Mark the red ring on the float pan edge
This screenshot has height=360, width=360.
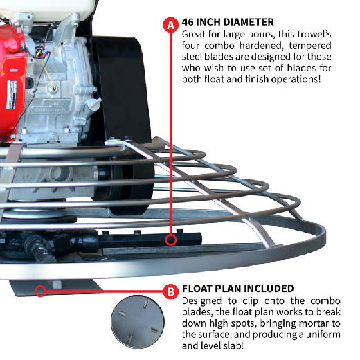[42, 291]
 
